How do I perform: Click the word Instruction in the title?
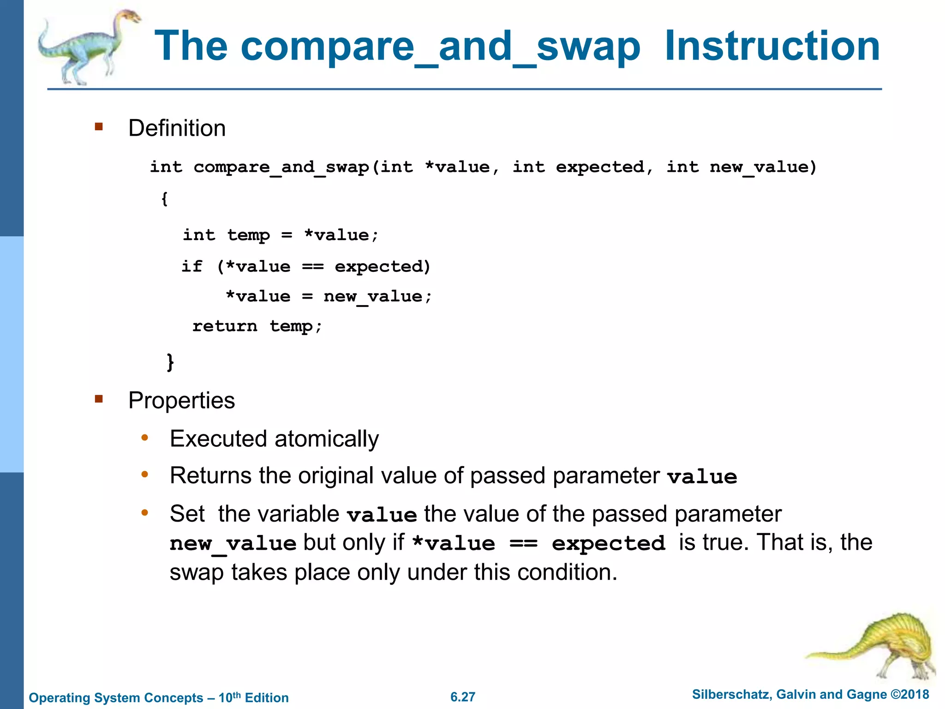click(772, 46)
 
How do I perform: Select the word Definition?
click(177, 128)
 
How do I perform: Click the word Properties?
click(181, 401)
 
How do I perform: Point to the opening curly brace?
click(164, 199)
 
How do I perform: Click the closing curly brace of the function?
click(170, 361)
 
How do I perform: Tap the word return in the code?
click(225, 326)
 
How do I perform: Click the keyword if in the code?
click(192, 267)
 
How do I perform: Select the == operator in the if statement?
click(313, 267)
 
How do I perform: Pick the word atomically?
click(326, 439)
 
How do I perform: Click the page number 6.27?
click(463, 697)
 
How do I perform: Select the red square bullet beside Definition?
click(99, 126)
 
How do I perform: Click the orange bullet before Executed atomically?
click(145, 438)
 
